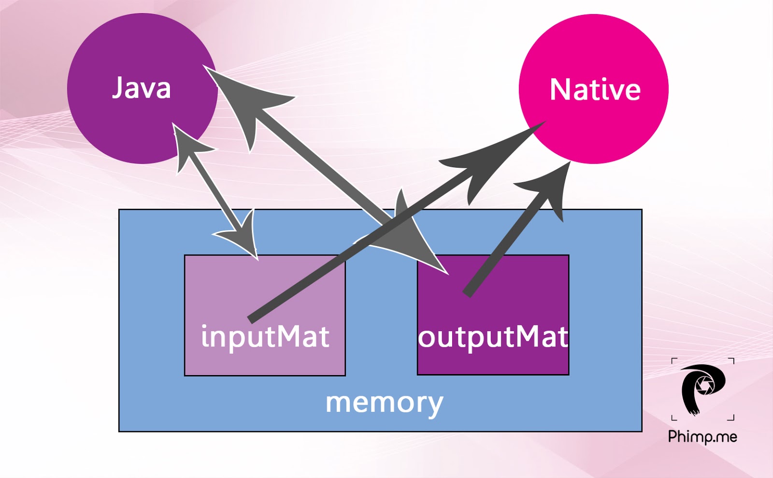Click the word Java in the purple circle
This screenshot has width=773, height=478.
click(142, 88)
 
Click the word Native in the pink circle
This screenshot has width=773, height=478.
click(595, 90)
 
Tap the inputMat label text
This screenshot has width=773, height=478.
click(265, 336)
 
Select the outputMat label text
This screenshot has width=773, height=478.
click(493, 337)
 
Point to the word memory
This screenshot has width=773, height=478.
click(384, 402)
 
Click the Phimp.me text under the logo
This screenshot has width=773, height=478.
click(702, 437)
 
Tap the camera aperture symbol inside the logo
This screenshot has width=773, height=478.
click(705, 385)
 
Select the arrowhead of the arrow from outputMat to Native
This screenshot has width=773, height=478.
click(551, 188)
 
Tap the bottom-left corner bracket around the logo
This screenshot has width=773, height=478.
click(674, 418)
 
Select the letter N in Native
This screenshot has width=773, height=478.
click(560, 90)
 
